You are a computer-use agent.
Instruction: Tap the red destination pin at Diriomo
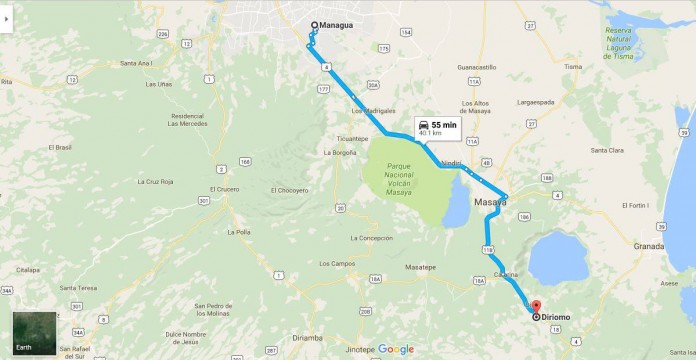pos(535,306)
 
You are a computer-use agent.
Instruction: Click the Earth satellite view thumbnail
pos(34,334)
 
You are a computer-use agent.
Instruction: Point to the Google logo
pos(396,349)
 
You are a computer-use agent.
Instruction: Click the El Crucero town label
pos(224,189)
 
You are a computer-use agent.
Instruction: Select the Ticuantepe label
pos(353,138)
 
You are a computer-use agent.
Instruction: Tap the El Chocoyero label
pos(289,190)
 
